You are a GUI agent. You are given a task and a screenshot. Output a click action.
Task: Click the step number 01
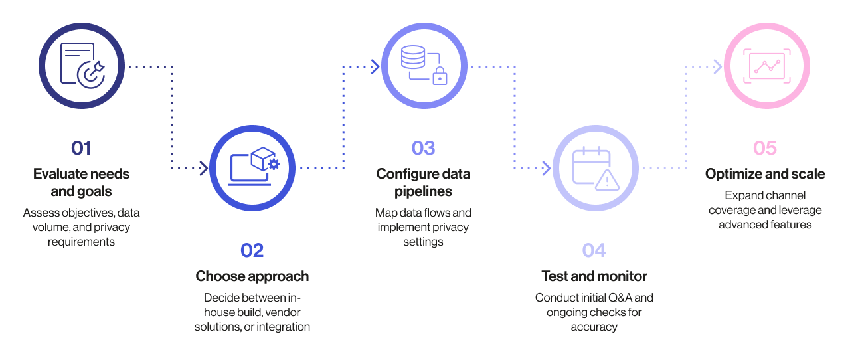(x=81, y=147)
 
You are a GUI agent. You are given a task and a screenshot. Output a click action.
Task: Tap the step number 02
(x=252, y=250)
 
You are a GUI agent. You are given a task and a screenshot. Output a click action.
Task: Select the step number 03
(x=423, y=147)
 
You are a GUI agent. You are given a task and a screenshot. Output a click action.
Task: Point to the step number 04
(x=594, y=250)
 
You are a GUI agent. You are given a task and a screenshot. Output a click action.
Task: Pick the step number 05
(x=765, y=147)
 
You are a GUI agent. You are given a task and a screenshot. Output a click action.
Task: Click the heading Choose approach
(x=252, y=276)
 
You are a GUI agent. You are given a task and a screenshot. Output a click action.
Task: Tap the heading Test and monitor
(x=594, y=276)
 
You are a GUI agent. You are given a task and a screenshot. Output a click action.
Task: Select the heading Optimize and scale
(x=765, y=174)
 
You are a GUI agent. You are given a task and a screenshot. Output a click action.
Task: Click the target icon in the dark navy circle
(x=90, y=74)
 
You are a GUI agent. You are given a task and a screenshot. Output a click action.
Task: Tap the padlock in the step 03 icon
(x=438, y=77)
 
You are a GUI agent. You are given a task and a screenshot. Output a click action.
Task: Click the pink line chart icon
(x=766, y=66)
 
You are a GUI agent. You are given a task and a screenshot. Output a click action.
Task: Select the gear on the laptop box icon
(x=272, y=164)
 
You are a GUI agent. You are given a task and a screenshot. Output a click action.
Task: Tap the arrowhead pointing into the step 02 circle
(x=204, y=168)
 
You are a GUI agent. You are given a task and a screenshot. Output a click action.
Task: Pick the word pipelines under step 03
(x=423, y=191)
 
